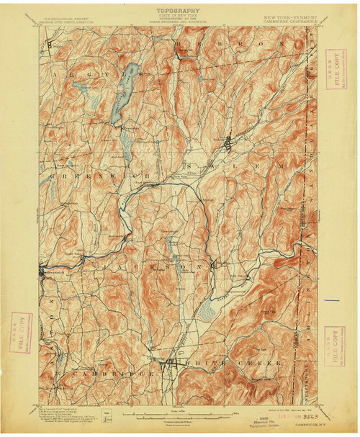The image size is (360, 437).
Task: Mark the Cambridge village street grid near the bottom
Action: (x=171, y=364)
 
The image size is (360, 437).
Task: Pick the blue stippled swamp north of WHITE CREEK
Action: (x=206, y=311)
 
